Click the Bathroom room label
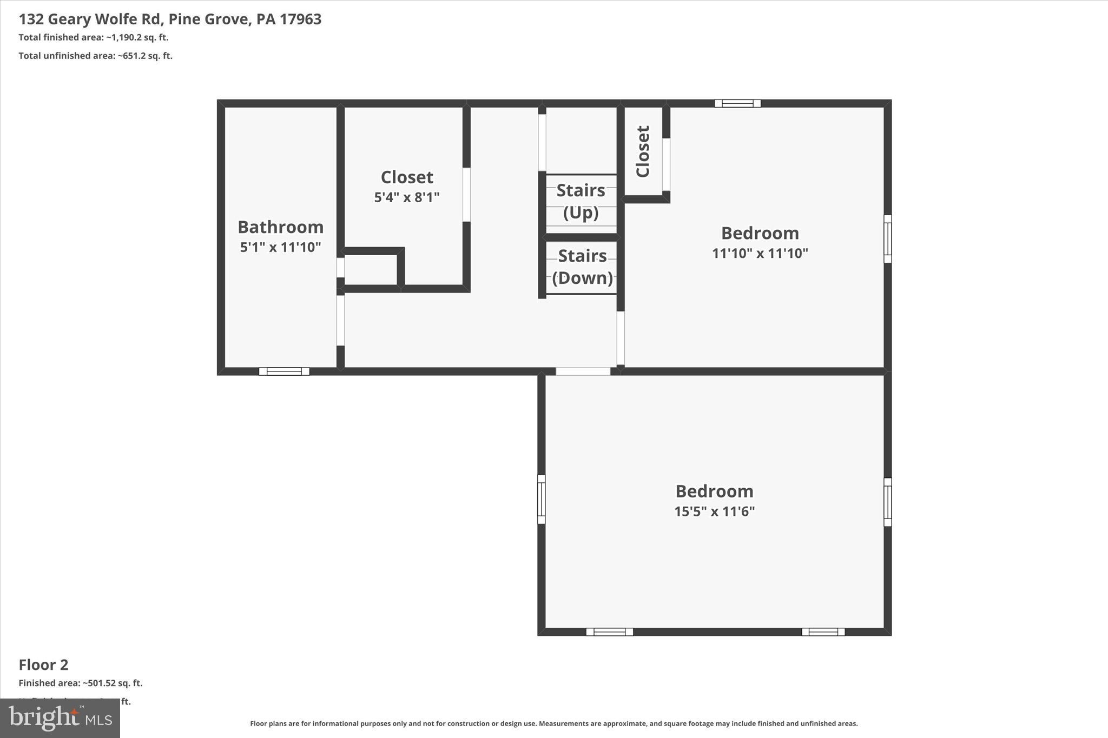(x=280, y=227)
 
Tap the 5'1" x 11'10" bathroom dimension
(x=280, y=247)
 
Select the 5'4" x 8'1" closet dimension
(x=407, y=197)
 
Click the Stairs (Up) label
(x=581, y=201)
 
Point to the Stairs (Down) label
(x=582, y=267)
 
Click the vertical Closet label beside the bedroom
(x=643, y=151)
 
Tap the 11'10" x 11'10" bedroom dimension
(x=760, y=253)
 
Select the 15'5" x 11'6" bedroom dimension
(x=714, y=511)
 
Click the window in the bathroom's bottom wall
(x=284, y=371)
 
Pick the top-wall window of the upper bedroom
(x=737, y=103)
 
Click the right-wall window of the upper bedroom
(x=887, y=238)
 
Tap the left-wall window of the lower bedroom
(x=541, y=499)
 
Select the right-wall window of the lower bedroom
(x=887, y=502)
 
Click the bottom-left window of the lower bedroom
(x=609, y=631)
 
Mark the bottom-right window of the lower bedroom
(x=823, y=631)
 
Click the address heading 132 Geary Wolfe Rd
(x=170, y=19)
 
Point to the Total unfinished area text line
(x=95, y=56)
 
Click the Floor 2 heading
(x=43, y=664)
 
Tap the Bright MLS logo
(x=60, y=718)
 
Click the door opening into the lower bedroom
(x=583, y=371)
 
